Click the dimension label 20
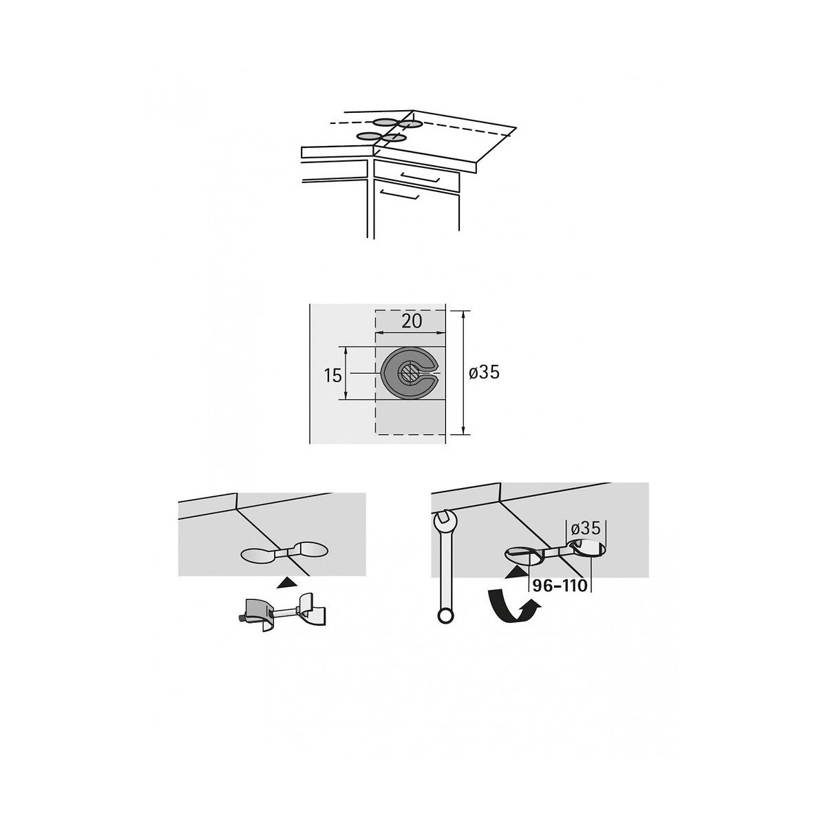tap(411, 321)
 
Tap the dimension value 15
tap(332, 376)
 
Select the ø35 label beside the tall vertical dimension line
tap(484, 372)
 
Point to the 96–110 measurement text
tap(559, 586)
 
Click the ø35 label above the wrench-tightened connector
tap(586, 529)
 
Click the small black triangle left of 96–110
tap(516, 572)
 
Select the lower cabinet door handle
tap(399, 195)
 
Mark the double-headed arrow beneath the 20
tap(410, 332)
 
